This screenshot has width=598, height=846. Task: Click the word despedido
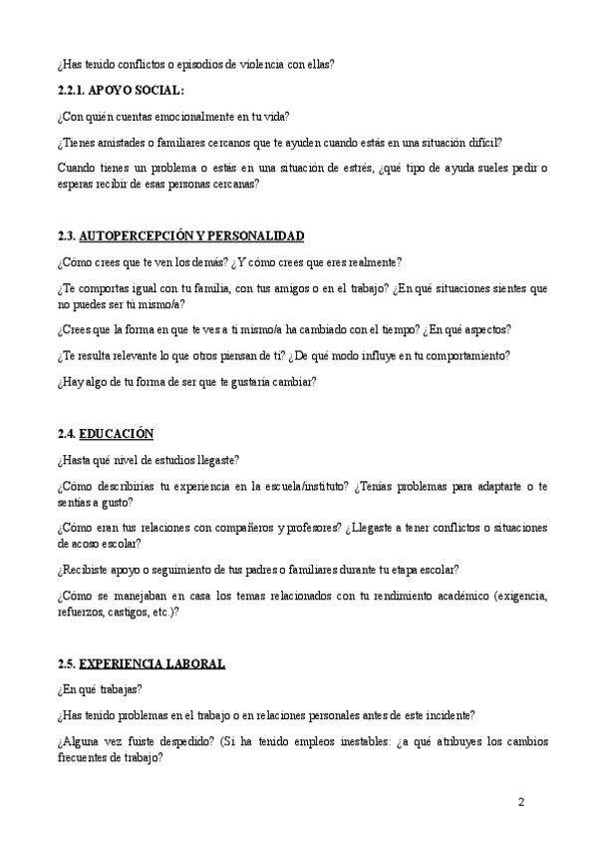[x=177, y=742]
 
